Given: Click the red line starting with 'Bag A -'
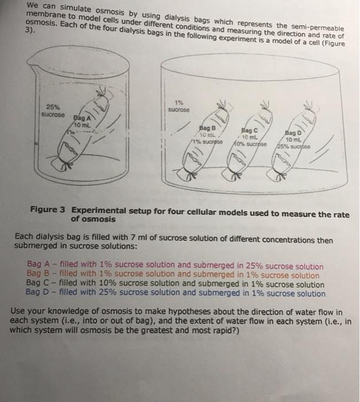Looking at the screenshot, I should coord(175,267).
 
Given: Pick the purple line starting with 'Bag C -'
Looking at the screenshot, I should coord(175,284).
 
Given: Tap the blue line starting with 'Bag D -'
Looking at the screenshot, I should coord(176,293).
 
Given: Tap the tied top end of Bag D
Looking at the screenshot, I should coord(312,107).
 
